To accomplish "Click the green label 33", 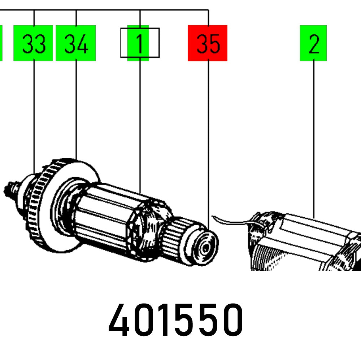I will tap(33, 43).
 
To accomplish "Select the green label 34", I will tap(75, 43).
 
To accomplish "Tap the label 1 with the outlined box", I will tap(140, 43).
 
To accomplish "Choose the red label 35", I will tap(208, 43).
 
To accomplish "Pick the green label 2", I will tap(313, 43).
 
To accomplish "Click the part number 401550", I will tap(176, 321).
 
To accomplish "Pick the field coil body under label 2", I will tap(307, 242).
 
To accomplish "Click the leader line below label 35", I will tap(208, 144).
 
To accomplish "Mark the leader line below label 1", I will tap(140, 126).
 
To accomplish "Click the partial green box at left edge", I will tap(1, 43).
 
